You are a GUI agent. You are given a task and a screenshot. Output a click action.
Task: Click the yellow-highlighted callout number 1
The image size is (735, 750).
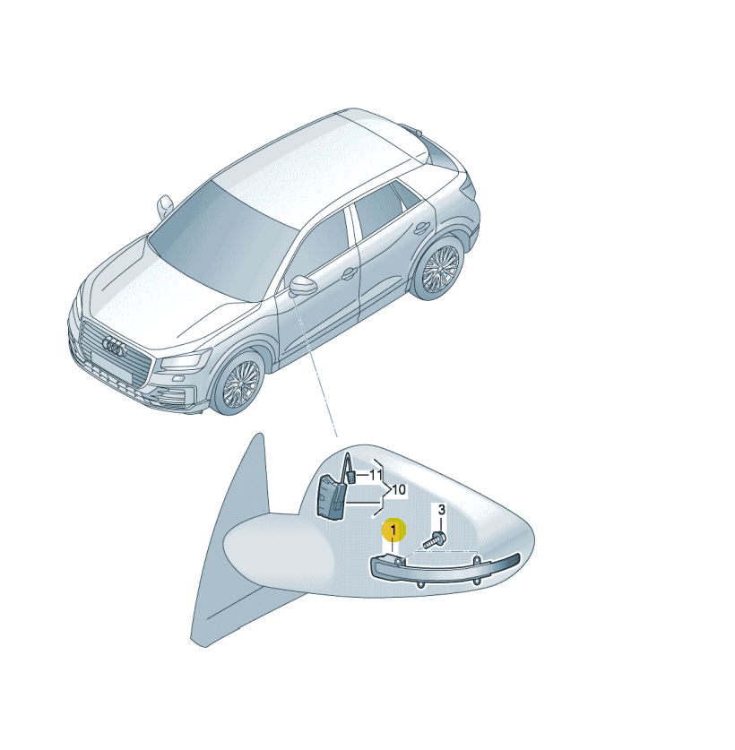tap(393, 530)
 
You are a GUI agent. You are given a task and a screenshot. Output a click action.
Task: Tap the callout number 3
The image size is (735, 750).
tap(441, 510)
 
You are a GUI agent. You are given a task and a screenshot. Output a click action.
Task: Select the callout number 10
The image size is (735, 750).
tap(399, 490)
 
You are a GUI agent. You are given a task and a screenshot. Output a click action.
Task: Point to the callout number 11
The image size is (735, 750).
tap(376, 475)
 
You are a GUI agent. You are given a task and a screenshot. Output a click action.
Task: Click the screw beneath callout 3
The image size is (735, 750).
tap(435, 540)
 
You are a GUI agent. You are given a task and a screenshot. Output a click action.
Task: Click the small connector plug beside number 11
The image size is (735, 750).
tap(351, 477)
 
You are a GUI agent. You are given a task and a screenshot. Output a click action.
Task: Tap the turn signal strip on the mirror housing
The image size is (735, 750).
tap(445, 569)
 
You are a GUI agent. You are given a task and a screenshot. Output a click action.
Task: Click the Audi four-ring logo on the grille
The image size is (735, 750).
tap(115, 347)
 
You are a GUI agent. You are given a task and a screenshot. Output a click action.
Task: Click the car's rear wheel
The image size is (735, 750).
tap(440, 270)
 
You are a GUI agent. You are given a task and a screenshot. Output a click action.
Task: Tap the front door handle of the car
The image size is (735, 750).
tap(350, 273)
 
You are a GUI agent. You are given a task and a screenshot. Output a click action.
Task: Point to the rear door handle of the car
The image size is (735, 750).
tap(421, 228)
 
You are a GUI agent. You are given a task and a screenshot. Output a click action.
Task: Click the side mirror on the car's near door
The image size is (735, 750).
tap(303, 286)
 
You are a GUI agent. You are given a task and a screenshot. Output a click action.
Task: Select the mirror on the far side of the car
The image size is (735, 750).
tap(165, 206)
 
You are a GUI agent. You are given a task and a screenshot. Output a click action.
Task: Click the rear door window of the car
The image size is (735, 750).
tap(379, 210)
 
